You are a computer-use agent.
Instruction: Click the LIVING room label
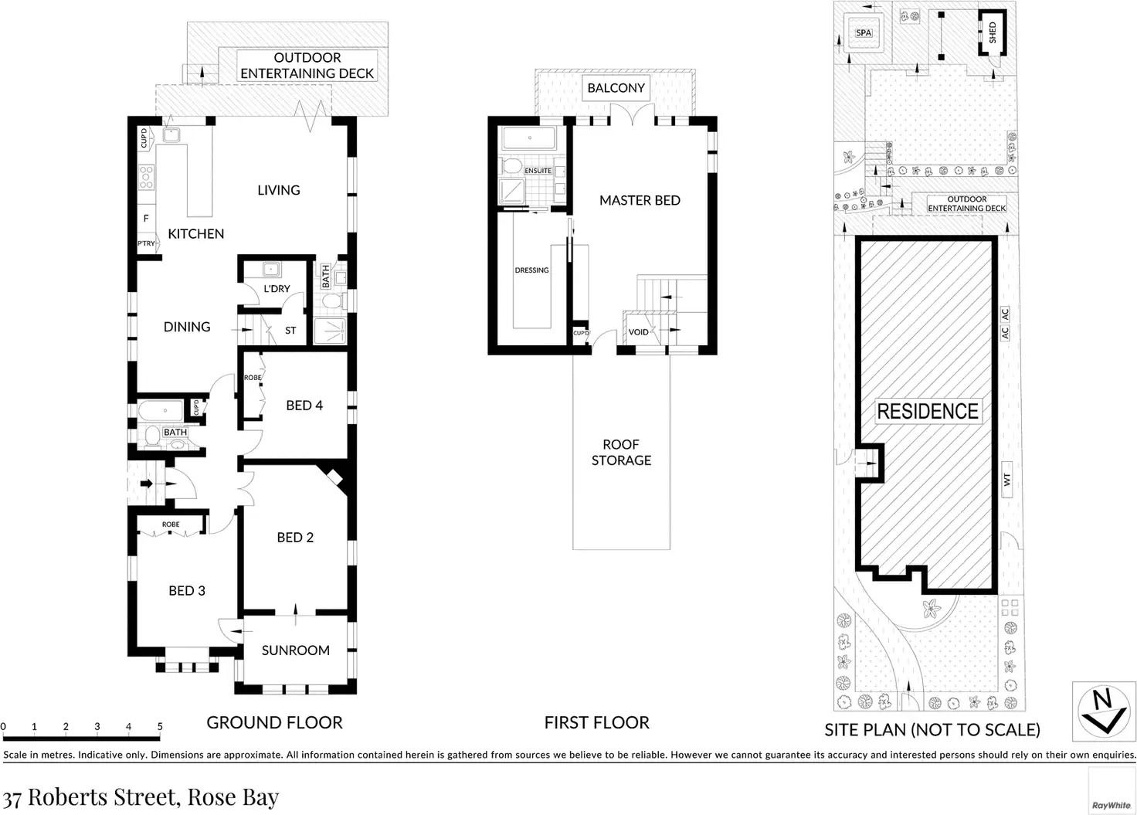coord(279,190)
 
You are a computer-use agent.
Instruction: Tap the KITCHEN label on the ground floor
coord(196,233)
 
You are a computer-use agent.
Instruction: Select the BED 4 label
coord(304,406)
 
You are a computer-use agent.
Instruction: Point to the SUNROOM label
coord(295,650)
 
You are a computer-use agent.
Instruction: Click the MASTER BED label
coord(640,201)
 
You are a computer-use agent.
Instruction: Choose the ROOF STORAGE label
coord(621,453)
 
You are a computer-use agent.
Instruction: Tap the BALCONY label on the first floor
coord(616,88)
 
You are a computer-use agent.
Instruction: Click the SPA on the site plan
coord(864,33)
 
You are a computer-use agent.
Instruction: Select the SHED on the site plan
coord(993,33)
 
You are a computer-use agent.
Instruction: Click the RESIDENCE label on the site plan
coord(928,411)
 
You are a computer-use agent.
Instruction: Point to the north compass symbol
coord(1104,711)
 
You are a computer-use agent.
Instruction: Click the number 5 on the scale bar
coord(160,726)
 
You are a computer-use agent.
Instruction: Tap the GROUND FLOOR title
coord(275,722)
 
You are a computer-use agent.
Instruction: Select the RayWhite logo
coord(1111,806)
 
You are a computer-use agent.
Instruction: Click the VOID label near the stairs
coord(638,332)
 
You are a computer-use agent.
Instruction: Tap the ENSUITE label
coord(538,171)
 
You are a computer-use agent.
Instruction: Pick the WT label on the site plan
coord(1007,480)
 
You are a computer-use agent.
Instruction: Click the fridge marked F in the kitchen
coord(146,219)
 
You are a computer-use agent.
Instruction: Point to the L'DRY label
coord(277,288)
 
